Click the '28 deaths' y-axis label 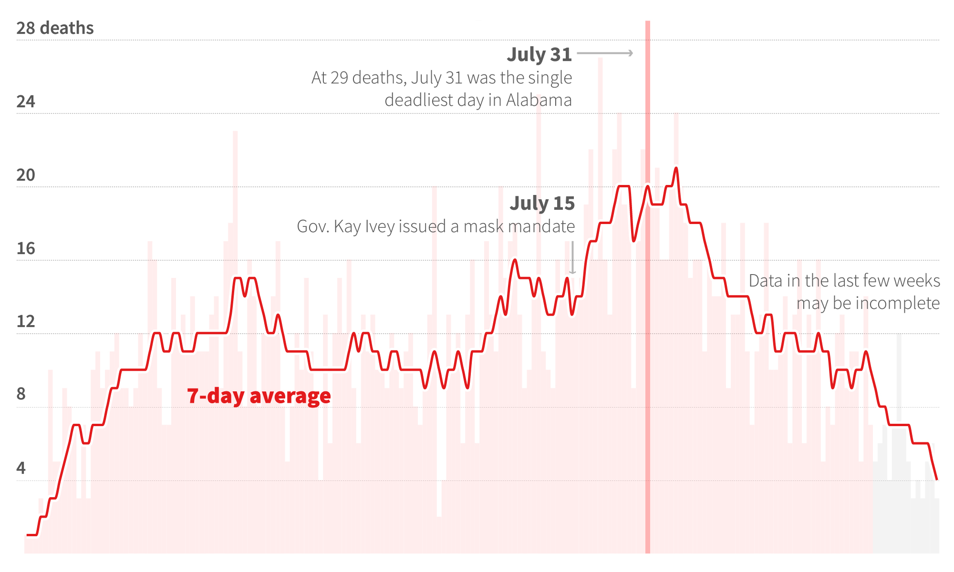click(x=55, y=28)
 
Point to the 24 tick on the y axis click(x=26, y=102)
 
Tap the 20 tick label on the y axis click(x=26, y=175)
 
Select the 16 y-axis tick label click(x=26, y=248)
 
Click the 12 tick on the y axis click(x=26, y=321)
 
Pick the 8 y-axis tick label click(x=21, y=394)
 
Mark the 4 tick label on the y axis click(x=21, y=468)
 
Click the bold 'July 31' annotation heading click(x=539, y=54)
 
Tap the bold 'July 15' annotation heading click(x=542, y=203)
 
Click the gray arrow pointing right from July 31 click(x=605, y=53)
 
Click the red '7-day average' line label click(x=259, y=396)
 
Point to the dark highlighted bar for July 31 click(x=648, y=334)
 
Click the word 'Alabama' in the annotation click(x=539, y=100)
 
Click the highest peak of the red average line click(x=676, y=168)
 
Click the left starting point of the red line click(x=28, y=535)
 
